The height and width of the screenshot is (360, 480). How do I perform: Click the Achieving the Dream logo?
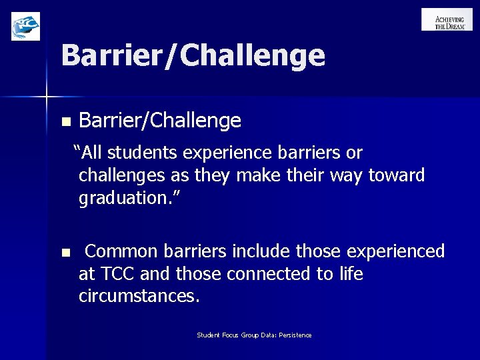coord(447,19)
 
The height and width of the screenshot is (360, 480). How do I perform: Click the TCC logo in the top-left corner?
coord(26,26)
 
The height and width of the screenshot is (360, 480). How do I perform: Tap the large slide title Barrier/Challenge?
coord(193,55)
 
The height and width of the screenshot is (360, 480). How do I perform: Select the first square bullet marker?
coord(65,122)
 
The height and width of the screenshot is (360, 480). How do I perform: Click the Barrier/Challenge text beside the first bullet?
coord(160,121)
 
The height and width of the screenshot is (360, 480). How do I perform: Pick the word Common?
coord(122,251)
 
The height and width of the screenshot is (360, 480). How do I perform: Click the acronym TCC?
coord(114,274)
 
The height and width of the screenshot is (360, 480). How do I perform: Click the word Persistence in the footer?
coord(295,335)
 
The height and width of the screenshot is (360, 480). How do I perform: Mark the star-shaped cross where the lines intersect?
coord(47,97)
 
